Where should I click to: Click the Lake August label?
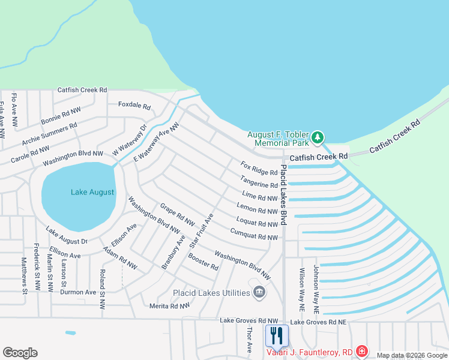tap(92, 192)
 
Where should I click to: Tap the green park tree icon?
tap(318, 139)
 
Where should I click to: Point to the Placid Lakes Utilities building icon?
tap(260, 292)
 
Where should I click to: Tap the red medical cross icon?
tap(362, 351)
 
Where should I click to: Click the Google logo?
tap(20, 352)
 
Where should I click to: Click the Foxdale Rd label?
tap(134, 105)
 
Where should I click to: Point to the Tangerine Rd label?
tap(259, 181)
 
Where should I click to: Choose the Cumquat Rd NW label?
tap(253, 235)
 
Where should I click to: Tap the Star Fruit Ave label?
tap(202, 231)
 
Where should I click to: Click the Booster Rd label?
tap(203, 262)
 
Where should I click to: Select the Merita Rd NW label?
tap(169, 305)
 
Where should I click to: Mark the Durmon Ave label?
tap(78, 292)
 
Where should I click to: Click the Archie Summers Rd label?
tap(50, 134)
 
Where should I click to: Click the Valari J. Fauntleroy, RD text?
tap(311, 352)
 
